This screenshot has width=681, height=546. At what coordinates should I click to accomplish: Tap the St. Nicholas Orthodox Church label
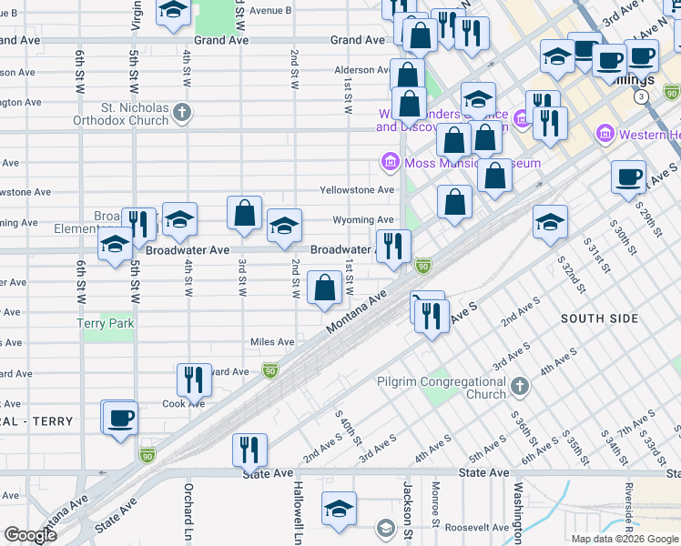pyautogui.click(x=135, y=114)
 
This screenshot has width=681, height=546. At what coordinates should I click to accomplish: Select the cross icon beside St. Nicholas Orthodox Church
pyautogui.click(x=183, y=114)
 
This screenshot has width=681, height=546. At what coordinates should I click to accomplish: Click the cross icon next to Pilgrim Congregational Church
pyautogui.click(x=519, y=388)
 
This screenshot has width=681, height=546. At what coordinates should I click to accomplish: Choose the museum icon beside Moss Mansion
pyautogui.click(x=390, y=162)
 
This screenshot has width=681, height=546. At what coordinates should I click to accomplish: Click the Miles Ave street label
pyautogui.click(x=272, y=342)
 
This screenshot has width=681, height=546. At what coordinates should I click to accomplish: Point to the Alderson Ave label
pyautogui.click(x=361, y=70)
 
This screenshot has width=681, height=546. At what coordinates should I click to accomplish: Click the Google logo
pyautogui.click(x=30, y=535)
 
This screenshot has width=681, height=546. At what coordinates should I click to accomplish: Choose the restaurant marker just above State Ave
pyautogui.click(x=249, y=448)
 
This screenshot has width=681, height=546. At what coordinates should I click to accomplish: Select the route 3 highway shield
pyautogui.click(x=642, y=96)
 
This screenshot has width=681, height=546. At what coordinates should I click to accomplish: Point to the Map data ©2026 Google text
pyautogui.click(x=624, y=538)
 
